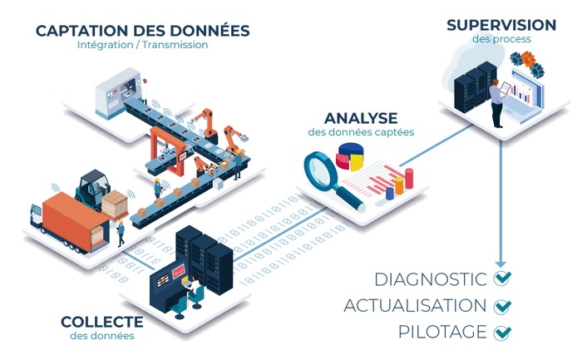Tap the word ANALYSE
pyautogui.click(x=361, y=117)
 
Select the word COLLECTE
pyautogui.click(x=101, y=322)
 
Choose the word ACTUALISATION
pyautogui.click(x=415, y=306)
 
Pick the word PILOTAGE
pyautogui.click(x=442, y=332)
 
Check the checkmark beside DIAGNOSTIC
pyautogui.click(x=502, y=279)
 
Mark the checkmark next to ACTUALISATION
pyautogui.click(x=502, y=306)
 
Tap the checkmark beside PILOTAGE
pyautogui.click(x=502, y=333)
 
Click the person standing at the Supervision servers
pyautogui.click(x=496, y=103)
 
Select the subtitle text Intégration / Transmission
pyautogui.click(x=142, y=45)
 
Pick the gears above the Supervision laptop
pyautogui.click(x=525, y=61)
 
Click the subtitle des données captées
pyautogui.click(x=361, y=133)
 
